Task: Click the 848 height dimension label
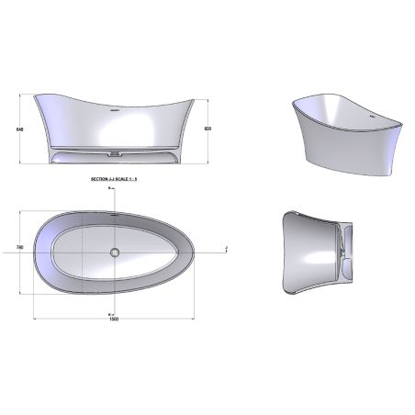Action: [x=17, y=129]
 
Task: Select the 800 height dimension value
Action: [x=208, y=129]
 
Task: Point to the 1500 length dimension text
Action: [x=115, y=319]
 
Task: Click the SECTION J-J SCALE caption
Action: [x=113, y=181]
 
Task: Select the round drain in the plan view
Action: [x=115, y=251]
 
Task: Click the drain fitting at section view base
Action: [x=114, y=151]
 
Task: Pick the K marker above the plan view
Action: [x=109, y=189]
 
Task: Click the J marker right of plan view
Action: [x=226, y=248]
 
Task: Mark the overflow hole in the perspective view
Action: [x=373, y=118]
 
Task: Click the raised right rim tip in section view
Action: [x=194, y=95]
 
